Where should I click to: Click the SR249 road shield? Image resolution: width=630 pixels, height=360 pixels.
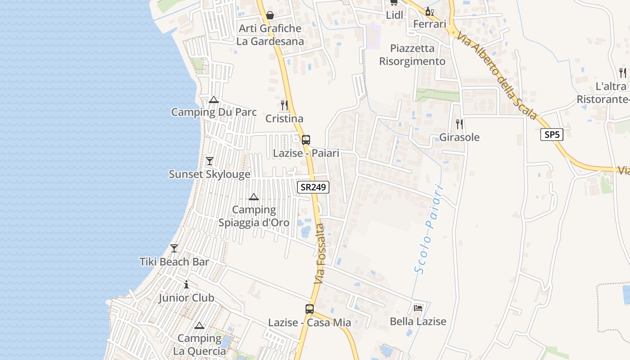tap(313, 187)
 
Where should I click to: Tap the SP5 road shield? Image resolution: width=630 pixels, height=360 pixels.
tap(552, 134)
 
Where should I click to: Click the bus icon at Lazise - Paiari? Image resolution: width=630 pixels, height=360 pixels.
tap(306, 139)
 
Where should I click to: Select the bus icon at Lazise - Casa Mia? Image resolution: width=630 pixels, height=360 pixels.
tap(310, 309)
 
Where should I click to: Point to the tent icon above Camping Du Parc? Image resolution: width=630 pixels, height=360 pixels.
tap(214, 99)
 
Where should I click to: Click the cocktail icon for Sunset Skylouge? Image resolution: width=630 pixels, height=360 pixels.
tap(209, 161)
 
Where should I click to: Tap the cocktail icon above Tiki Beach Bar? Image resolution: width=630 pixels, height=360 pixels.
tap(174, 248)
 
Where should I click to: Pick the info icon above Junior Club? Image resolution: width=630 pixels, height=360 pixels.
tap(186, 284)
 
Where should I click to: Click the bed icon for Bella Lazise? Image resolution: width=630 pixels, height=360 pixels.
tap(418, 308)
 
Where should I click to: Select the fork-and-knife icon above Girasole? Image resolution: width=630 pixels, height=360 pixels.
tap(459, 124)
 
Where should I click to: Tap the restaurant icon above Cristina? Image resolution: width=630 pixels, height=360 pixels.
tap(284, 105)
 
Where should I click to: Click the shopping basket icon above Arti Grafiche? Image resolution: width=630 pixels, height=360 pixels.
tap(270, 15)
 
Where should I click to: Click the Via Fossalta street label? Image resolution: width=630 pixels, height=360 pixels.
tap(320, 253)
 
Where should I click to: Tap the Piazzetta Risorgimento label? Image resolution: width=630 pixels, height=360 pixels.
tap(412, 55)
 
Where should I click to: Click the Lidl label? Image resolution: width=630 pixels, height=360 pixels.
tap(395, 15)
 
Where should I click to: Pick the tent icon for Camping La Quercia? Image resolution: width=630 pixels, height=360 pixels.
tap(199, 325)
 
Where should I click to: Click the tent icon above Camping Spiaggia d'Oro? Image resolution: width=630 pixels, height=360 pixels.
tap(254, 197)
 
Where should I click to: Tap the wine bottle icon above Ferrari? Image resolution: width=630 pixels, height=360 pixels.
tap(429, 11)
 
